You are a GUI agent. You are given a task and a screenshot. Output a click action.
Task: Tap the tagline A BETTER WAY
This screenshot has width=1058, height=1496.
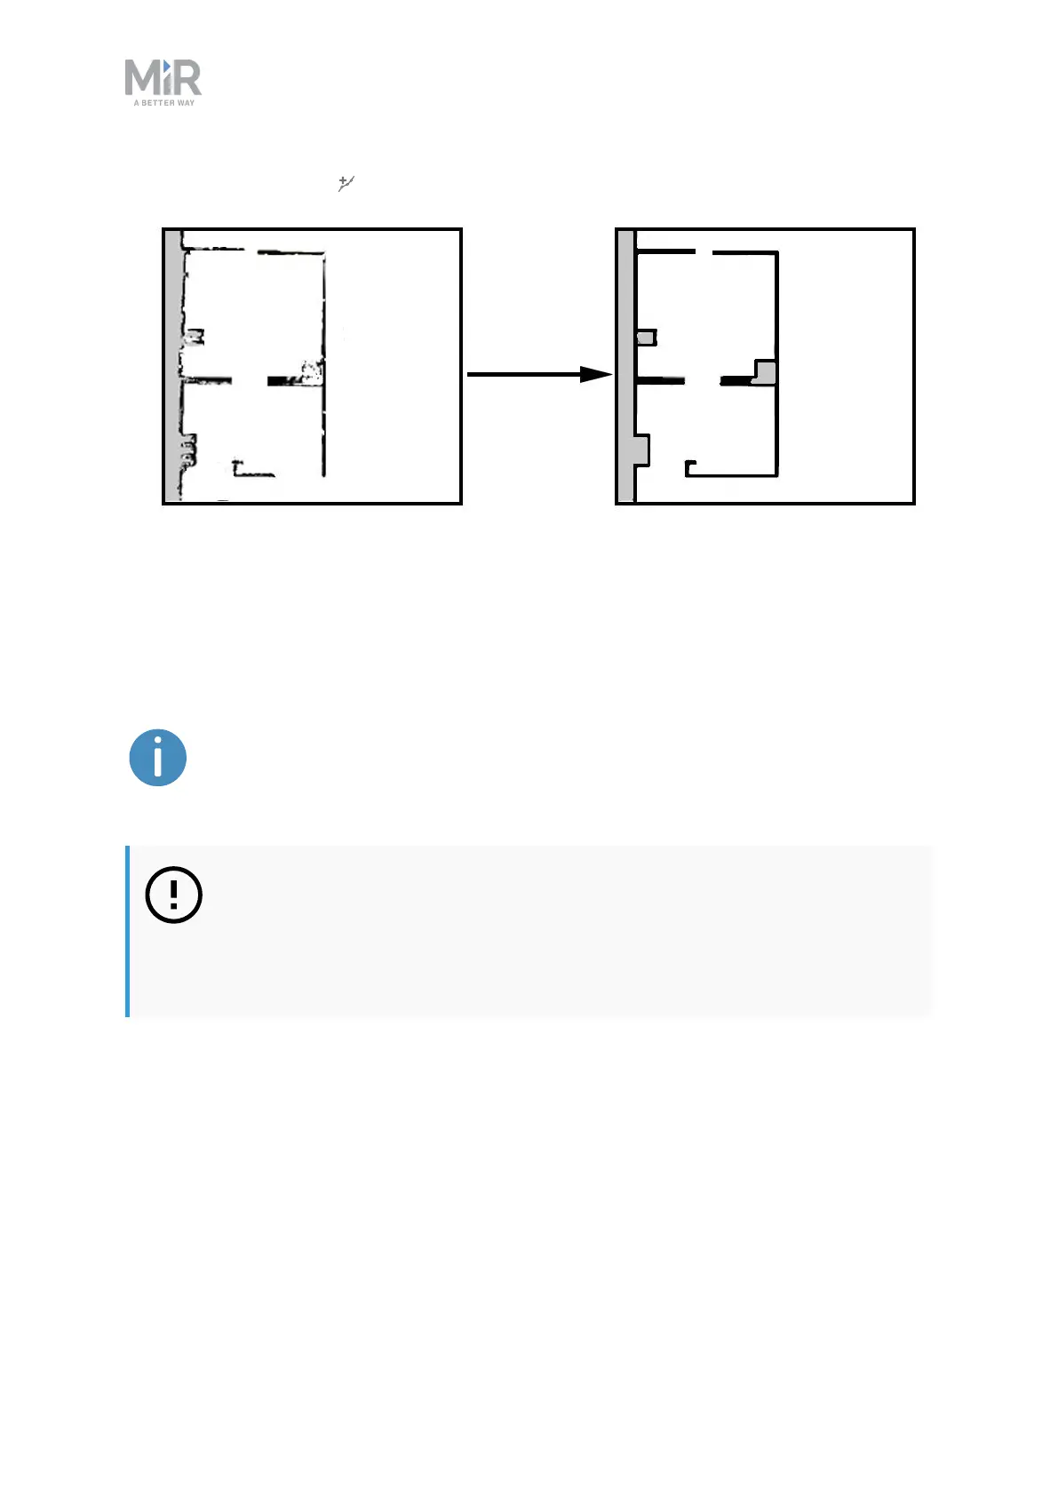164,103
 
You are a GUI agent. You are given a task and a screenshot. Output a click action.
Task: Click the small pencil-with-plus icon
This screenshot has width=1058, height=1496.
346,184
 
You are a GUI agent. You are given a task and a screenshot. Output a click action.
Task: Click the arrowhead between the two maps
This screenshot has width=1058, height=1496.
596,374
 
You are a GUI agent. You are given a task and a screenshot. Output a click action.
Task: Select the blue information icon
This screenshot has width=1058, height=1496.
158,758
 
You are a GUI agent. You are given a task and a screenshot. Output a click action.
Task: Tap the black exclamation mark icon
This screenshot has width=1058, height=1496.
174,894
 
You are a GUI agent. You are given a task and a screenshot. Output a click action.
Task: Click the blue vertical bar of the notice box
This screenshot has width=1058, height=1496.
128,930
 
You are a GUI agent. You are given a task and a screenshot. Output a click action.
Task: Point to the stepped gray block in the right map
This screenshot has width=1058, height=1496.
765,371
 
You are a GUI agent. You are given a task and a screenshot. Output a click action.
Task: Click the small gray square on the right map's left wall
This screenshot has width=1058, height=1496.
647,338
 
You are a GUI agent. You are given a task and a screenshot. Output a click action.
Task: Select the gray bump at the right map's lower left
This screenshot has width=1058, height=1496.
641,450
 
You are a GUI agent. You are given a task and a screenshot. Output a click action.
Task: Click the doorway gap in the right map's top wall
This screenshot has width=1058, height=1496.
704,253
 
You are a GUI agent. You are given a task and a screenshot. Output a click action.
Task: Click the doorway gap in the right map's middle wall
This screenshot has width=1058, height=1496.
702,380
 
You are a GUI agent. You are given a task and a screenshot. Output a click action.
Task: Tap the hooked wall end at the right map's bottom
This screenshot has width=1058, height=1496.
690,466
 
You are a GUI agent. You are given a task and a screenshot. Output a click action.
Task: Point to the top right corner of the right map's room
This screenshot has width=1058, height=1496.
776,254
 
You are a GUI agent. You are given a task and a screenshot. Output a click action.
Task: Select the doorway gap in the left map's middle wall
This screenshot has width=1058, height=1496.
250,381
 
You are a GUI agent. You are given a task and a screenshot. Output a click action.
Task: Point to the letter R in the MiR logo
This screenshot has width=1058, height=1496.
187,78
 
